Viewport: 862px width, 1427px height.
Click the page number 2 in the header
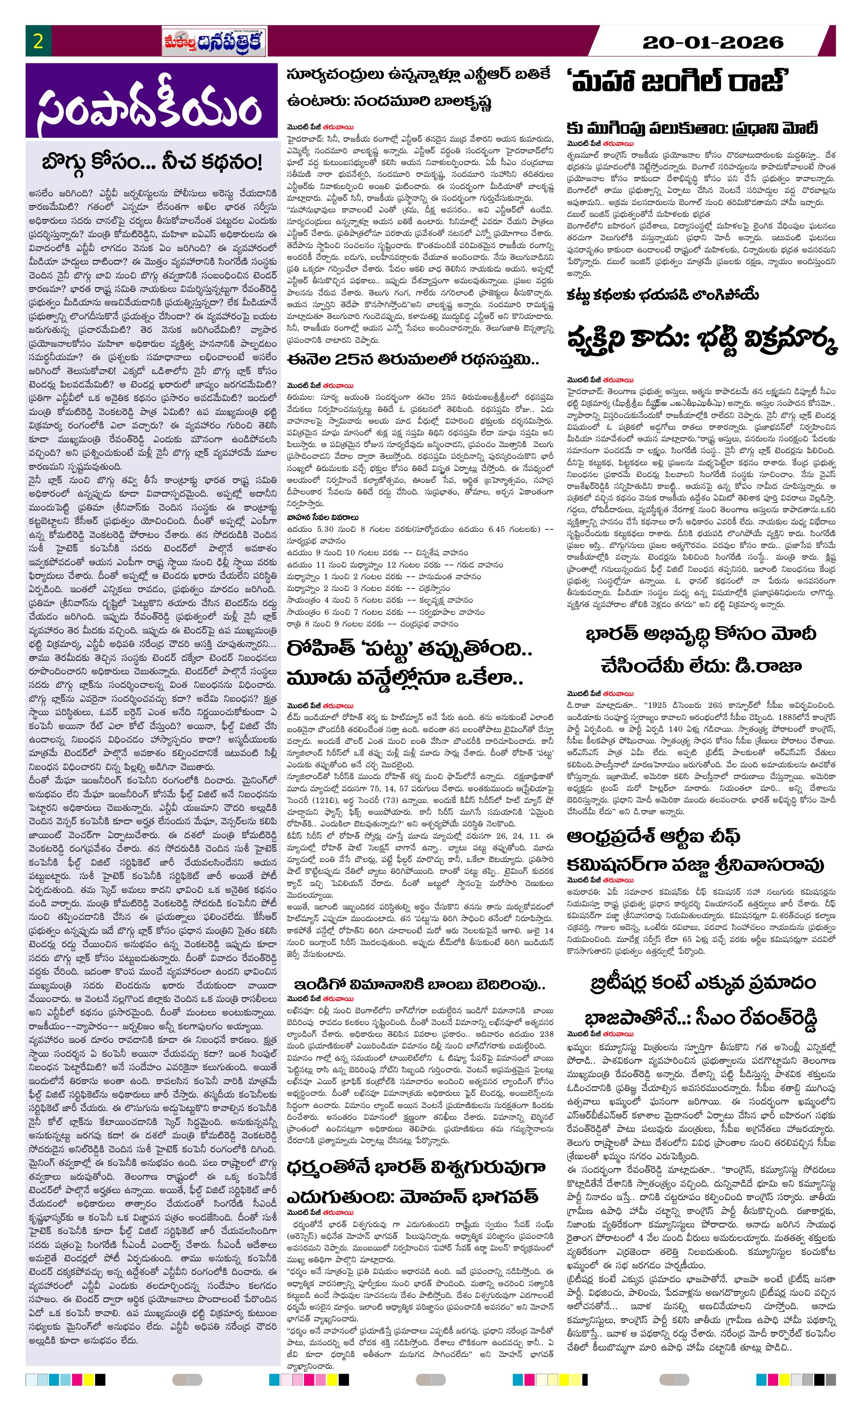38,42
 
